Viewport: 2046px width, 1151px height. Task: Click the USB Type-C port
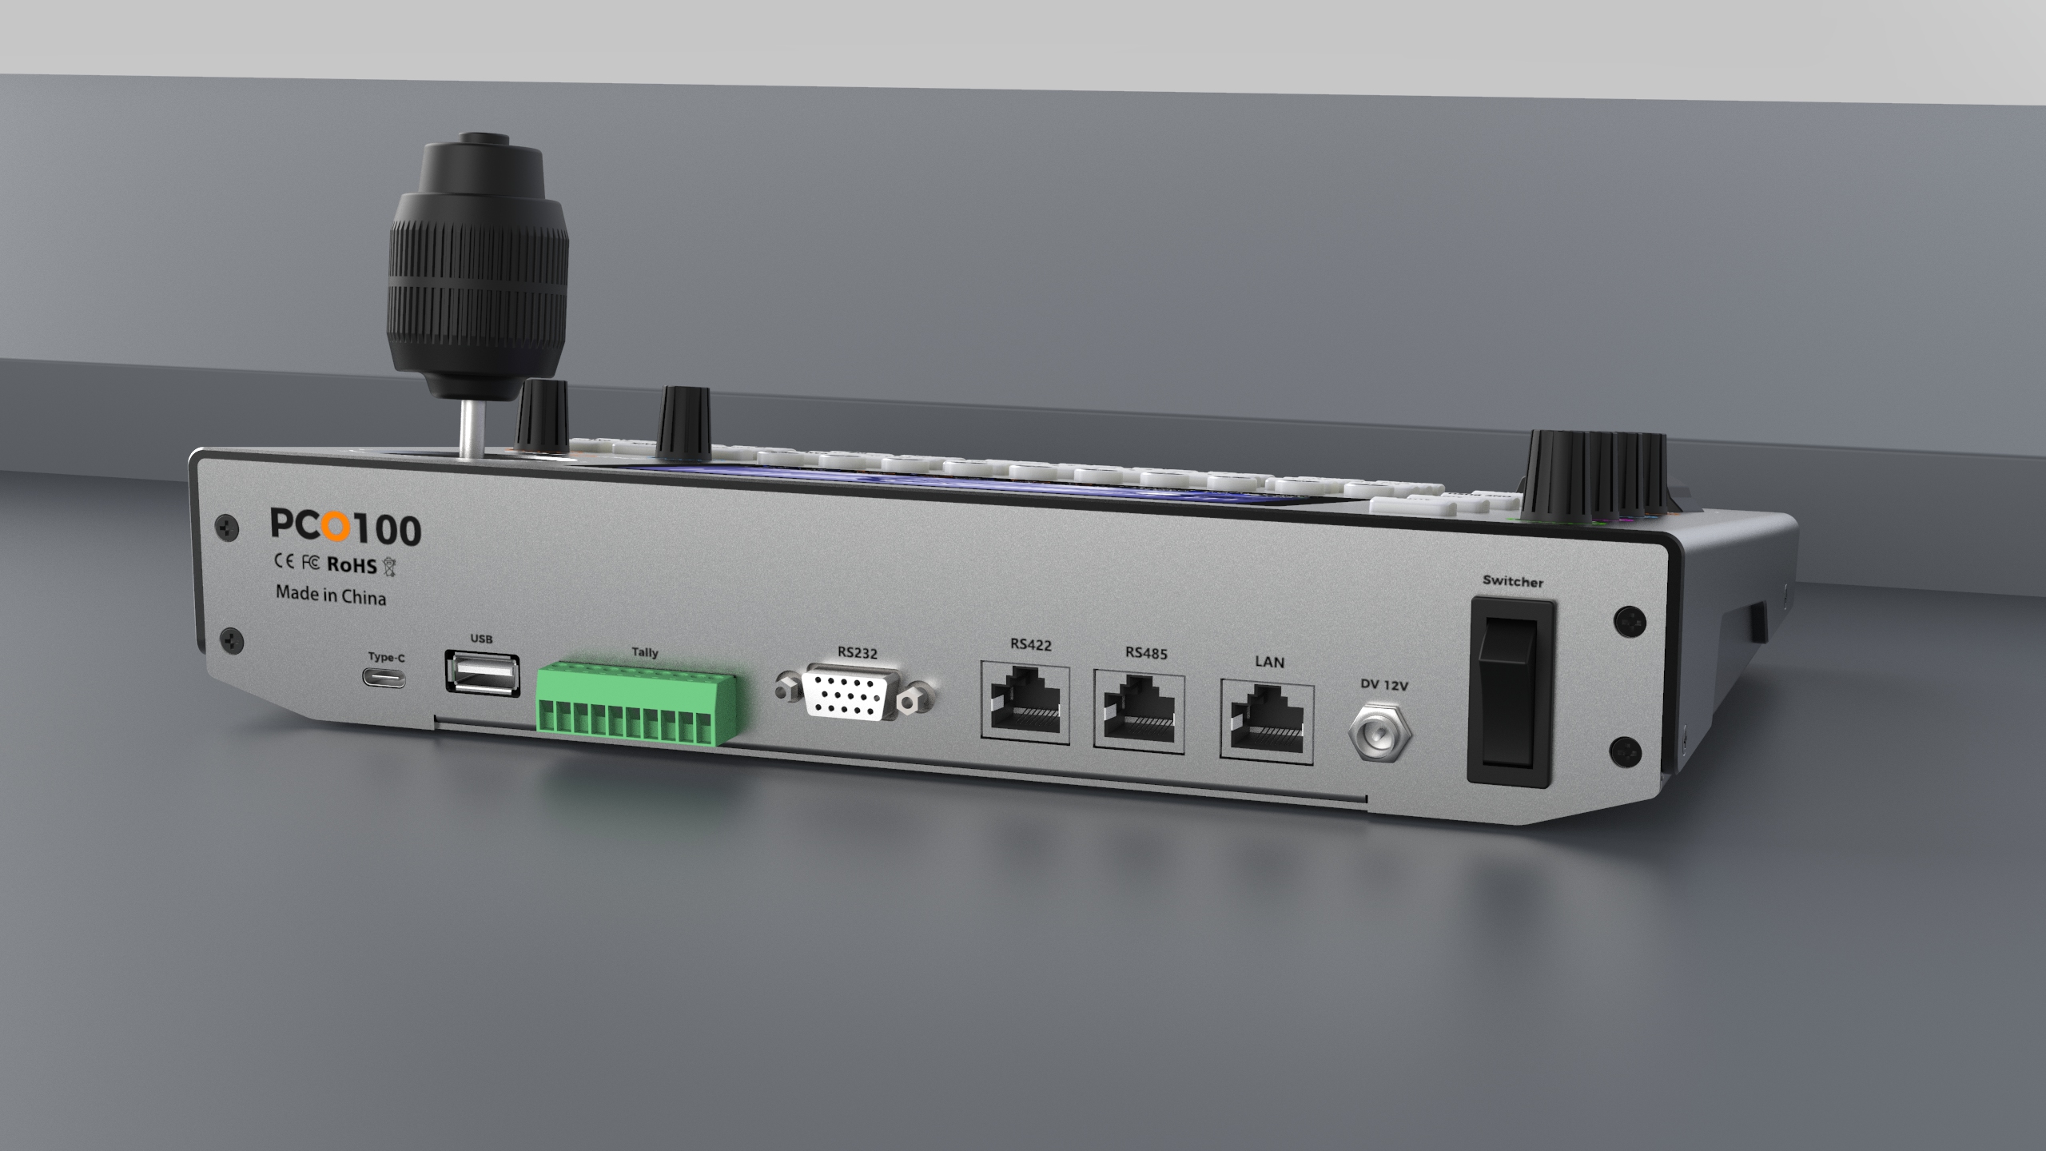click(386, 680)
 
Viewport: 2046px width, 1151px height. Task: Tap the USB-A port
click(481, 673)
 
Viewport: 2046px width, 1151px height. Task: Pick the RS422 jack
click(1025, 700)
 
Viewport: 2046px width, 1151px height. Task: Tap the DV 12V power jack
click(1380, 735)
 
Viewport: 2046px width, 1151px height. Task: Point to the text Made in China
click(331, 595)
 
